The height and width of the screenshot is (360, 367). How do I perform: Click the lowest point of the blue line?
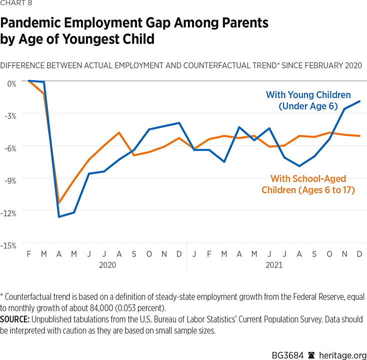(59, 216)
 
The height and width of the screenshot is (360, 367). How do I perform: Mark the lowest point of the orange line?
(59, 203)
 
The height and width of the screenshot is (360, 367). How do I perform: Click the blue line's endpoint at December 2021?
(359, 101)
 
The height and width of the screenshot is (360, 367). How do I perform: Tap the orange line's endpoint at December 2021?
(359, 135)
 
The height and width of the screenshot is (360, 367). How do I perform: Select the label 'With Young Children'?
(308, 94)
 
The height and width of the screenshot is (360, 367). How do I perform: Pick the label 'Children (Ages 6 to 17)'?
(308, 190)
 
